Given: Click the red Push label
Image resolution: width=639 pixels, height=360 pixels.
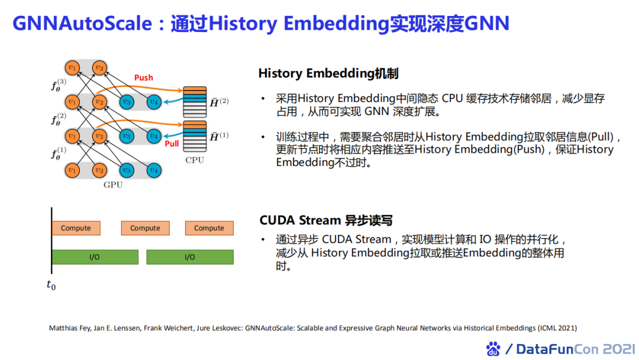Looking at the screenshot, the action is [143, 78].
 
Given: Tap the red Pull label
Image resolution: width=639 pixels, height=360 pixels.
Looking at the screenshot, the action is [172, 143].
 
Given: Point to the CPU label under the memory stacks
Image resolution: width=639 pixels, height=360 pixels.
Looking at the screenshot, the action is [195, 160].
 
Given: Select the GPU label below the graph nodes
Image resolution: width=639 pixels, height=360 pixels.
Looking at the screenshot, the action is [113, 185].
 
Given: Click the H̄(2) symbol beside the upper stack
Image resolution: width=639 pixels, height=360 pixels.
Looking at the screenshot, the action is [220, 102].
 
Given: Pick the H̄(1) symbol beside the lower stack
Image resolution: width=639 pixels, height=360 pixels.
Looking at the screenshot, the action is [220, 136].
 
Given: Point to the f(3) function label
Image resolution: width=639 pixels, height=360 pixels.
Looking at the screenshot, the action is [59, 85].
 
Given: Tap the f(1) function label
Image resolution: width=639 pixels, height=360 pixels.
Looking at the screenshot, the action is [59, 153].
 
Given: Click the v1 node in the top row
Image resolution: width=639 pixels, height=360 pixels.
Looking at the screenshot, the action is [72, 67].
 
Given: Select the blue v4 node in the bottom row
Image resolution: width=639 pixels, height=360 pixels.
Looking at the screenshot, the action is [154, 170].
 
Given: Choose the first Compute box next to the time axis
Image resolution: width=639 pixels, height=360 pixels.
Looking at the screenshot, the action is [76, 228].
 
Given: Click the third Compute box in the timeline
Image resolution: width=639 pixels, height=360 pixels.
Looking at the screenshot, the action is [209, 228].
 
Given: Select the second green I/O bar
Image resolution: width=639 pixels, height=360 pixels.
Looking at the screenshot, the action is [190, 257].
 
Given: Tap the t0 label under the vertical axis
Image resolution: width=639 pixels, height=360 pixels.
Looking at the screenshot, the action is [51, 285].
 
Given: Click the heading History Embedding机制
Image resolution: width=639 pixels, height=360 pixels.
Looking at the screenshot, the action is [328, 73].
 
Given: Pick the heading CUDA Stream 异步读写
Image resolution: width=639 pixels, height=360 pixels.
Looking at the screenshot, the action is [326, 220].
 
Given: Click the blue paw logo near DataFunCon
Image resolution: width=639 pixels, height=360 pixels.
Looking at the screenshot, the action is [493, 349].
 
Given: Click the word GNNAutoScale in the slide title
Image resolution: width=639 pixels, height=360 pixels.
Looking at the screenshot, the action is [82, 23].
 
